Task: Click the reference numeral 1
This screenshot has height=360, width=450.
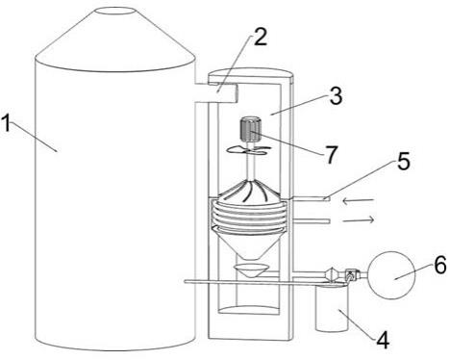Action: [7, 124]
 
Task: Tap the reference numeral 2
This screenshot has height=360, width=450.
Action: [261, 37]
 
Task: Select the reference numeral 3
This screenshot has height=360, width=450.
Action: [336, 95]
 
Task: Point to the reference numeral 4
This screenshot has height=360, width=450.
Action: [383, 340]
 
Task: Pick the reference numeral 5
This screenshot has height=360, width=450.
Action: [403, 161]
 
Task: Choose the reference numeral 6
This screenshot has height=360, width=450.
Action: [440, 265]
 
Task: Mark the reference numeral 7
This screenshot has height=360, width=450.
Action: [331, 154]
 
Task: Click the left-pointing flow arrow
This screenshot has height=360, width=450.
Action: [358, 201]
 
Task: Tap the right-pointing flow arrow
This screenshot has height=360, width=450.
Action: [359, 219]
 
